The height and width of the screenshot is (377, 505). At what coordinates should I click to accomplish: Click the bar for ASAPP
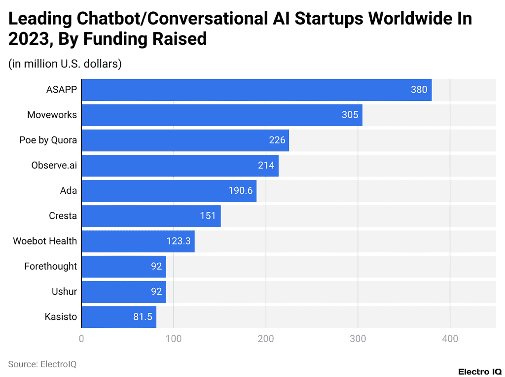click(x=256, y=90)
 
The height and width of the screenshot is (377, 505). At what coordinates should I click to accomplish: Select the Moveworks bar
click(x=222, y=115)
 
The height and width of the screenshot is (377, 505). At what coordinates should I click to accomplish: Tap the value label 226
click(x=277, y=140)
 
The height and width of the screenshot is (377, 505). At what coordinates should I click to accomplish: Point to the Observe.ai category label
click(x=54, y=165)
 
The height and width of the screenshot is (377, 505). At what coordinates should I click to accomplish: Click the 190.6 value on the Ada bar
click(x=240, y=190)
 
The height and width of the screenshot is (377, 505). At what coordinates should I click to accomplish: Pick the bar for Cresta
click(x=151, y=216)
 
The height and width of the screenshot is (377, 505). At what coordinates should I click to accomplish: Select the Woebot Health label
click(x=45, y=241)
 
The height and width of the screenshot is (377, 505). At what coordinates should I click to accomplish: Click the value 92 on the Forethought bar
click(x=156, y=266)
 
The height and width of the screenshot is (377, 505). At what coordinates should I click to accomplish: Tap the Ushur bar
click(x=123, y=291)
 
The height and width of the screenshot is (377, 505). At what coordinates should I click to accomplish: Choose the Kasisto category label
click(x=60, y=316)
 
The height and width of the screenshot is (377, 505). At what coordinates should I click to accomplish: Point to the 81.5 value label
click(x=143, y=316)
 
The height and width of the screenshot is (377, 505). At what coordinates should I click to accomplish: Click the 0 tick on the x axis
click(x=81, y=339)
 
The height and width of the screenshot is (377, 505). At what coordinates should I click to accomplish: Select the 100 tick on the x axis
click(x=173, y=339)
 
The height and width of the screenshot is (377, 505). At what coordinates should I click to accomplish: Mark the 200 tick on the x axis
click(x=266, y=339)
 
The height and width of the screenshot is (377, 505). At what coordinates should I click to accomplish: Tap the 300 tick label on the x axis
click(x=358, y=339)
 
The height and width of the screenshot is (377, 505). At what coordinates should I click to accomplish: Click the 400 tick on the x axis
click(x=450, y=339)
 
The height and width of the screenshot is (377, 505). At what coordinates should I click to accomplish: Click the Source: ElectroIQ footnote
click(x=42, y=364)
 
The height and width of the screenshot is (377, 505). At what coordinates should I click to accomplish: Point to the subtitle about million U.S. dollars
click(x=65, y=64)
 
